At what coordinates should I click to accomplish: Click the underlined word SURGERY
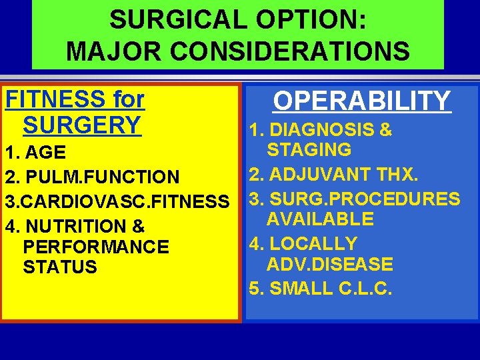(82, 125)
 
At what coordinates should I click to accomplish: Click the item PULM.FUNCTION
(100, 177)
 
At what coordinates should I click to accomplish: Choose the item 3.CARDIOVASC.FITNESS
(117, 201)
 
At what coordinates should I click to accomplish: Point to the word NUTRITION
(79, 226)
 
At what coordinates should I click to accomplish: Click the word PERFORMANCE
(96, 247)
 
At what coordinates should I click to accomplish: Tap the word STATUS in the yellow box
(60, 267)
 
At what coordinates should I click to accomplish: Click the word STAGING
(309, 150)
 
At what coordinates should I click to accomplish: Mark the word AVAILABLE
(320, 219)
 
